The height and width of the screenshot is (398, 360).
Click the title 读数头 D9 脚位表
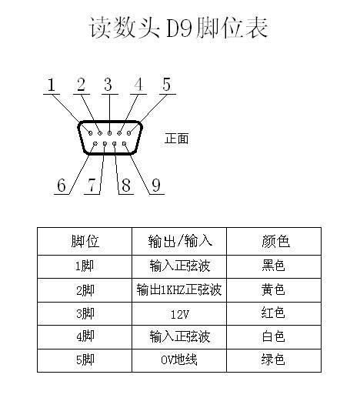coord(178,28)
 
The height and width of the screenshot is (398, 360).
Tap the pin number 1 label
coord(52,85)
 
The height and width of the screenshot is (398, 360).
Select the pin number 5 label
coord(166,84)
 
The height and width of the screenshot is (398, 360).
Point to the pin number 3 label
coord(108,85)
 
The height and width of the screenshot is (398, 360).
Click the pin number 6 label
coord(62,185)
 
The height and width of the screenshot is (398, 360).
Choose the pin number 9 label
coord(156,185)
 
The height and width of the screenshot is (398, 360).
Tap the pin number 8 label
coord(126,185)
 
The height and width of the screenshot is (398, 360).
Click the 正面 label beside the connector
coord(176,139)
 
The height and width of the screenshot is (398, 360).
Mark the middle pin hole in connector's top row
coord(109,133)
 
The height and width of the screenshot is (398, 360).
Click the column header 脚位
coord(85,241)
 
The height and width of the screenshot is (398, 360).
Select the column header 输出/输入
coord(180,241)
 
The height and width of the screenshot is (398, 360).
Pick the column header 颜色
coord(275,241)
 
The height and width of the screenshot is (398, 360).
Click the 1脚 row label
coord(85,266)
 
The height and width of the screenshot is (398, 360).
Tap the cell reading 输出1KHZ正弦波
coord(179,289)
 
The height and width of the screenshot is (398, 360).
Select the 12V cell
coord(180,314)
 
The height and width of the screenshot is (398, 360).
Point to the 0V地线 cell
coord(179,360)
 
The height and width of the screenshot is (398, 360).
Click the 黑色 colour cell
coord(273,266)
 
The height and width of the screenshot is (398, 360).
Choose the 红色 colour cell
coord(273,313)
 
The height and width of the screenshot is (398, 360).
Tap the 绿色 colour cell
coord(273,359)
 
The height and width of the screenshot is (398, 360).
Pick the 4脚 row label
coord(85,336)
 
